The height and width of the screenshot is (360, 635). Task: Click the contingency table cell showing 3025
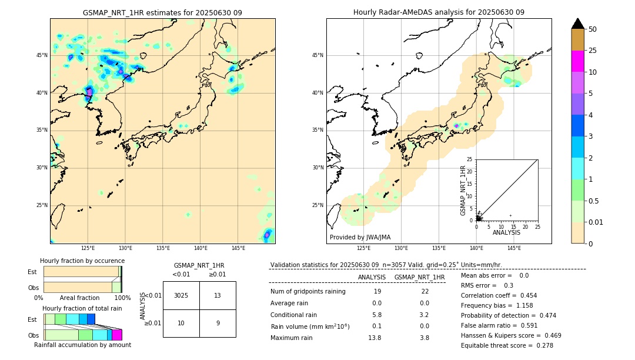pyautogui.click(x=181, y=295)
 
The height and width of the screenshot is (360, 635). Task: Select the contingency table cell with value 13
pyautogui.click(x=218, y=295)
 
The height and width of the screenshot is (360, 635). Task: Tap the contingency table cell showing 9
pyautogui.click(x=218, y=323)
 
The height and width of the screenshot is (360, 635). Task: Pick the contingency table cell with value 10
pyautogui.click(x=181, y=323)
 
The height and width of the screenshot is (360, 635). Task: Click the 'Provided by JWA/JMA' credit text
pyautogui.click(x=360, y=238)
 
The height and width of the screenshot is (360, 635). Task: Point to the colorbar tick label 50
pyautogui.click(x=593, y=29)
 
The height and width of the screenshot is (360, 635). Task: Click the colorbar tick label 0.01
pyautogui.click(x=597, y=222)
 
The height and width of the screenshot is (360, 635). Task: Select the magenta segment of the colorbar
pyautogui.click(x=578, y=61)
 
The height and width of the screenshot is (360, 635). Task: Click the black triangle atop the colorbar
pyautogui.click(x=578, y=24)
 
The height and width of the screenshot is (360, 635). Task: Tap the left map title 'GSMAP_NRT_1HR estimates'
pyautogui.click(x=162, y=12)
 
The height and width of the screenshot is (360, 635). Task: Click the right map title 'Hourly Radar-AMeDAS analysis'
pyautogui.click(x=439, y=12)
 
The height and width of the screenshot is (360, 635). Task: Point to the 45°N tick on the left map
pyautogui.click(x=42, y=55)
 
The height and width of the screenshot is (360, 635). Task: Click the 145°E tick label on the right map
pyautogui.click(x=514, y=248)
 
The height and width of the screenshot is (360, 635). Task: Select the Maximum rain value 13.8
pyautogui.click(x=375, y=338)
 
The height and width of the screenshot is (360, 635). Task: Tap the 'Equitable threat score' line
pyautogui.click(x=507, y=345)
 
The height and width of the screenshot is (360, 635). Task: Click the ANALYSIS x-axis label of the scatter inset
pyautogui.click(x=506, y=232)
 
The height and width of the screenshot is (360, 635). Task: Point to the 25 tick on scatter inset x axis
pyautogui.click(x=537, y=226)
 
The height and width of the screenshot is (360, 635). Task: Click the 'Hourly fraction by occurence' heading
pyautogui.click(x=82, y=261)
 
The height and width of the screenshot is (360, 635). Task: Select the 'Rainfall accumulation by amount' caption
pyautogui.click(x=82, y=345)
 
